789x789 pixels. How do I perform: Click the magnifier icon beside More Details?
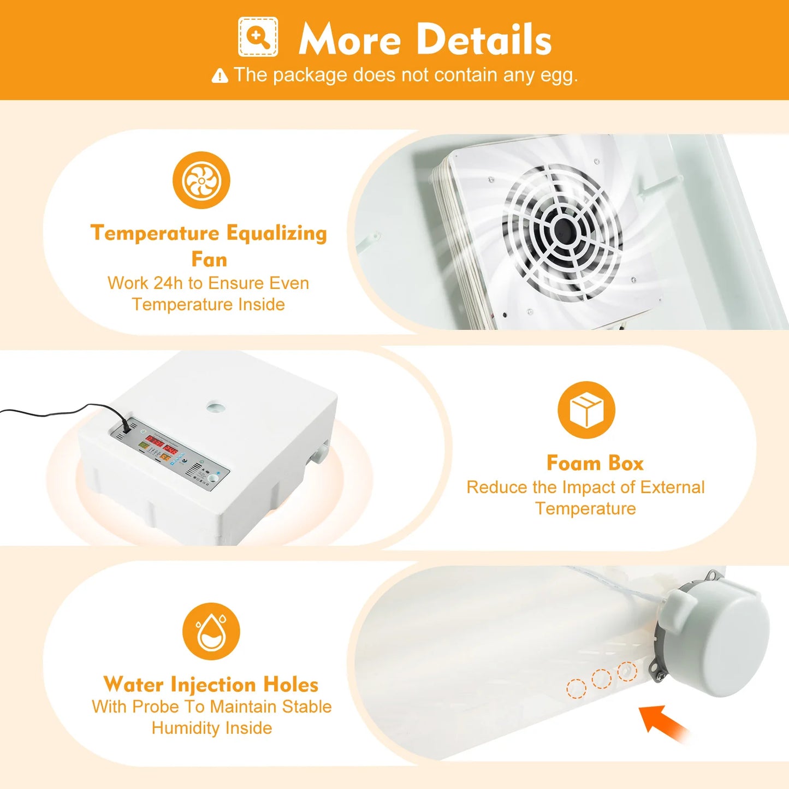pyautogui.click(x=258, y=37)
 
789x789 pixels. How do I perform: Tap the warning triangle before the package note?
pyautogui.click(x=220, y=76)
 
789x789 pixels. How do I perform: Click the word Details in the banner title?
pyautogui.click(x=485, y=40)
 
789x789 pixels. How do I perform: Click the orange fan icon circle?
pyautogui.click(x=201, y=180)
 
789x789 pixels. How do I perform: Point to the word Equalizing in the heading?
pyautogui.click(x=276, y=233)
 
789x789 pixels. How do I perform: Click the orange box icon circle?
pyautogui.click(x=586, y=410)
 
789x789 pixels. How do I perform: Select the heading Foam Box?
pyautogui.click(x=595, y=463)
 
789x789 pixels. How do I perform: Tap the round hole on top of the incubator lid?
pyautogui.click(x=215, y=407)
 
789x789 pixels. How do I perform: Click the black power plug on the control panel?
pyautogui.click(x=127, y=425)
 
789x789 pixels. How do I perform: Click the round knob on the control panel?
pyautogui.click(x=210, y=479)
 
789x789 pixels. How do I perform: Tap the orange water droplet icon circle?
pyautogui.click(x=211, y=631)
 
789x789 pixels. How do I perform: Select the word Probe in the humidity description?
pyautogui.click(x=156, y=707)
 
